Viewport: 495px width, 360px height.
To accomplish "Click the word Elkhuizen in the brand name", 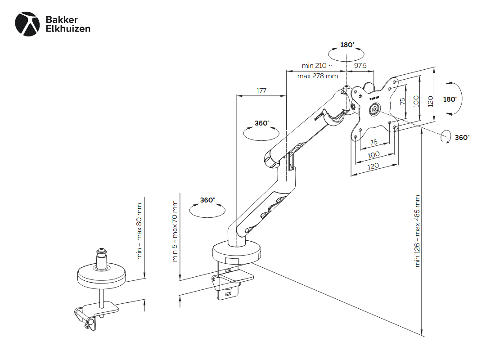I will pyautogui.click(x=68, y=29).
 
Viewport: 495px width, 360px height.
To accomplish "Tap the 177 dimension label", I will pyautogui.click(x=261, y=90).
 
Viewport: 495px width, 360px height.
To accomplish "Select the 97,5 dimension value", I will pyautogui.click(x=360, y=66).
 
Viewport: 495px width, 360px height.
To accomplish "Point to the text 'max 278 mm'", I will pyautogui.click(x=317, y=76).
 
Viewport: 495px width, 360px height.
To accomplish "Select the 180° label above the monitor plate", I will pyautogui.click(x=347, y=45).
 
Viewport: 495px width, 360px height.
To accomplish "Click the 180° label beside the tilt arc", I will pyautogui.click(x=450, y=99).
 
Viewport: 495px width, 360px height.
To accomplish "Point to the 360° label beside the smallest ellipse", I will pyautogui.click(x=462, y=138).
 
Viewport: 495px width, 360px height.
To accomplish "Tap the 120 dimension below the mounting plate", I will pyautogui.click(x=373, y=166).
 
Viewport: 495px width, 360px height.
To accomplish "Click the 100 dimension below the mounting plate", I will pyautogui.click(x=373, y=154).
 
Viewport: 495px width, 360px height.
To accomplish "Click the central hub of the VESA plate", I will pyautogui.click(x=374, y=109).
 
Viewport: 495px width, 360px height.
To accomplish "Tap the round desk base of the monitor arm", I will pyautogui.click(x=237, y=252).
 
